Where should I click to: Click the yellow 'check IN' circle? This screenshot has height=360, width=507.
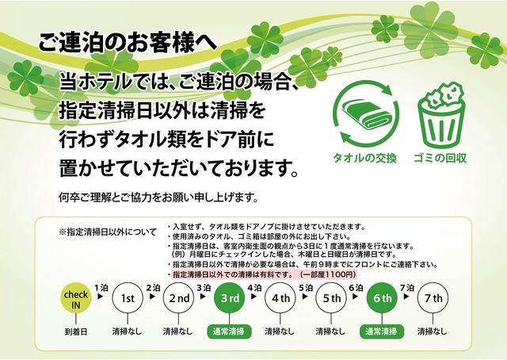76,298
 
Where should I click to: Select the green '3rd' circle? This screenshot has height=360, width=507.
230,298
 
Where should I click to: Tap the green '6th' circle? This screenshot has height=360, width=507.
382,298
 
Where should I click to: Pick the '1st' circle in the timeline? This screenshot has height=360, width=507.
127,298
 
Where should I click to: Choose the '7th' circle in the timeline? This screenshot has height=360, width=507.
433,298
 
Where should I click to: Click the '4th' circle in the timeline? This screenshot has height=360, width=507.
280,298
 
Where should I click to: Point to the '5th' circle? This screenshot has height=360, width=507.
331,298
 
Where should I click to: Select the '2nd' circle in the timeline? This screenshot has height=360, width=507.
178,298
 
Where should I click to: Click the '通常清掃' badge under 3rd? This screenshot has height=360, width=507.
229,331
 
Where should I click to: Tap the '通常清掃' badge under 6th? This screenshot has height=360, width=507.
382,331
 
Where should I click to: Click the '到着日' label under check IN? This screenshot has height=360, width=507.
76,331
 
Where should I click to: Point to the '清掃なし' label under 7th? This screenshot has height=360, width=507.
432,331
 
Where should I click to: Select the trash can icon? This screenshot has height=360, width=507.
441,115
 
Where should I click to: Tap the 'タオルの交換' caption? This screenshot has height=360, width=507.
364,159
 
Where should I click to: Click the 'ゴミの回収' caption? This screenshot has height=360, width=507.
440,159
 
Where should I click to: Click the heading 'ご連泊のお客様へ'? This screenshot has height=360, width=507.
128,42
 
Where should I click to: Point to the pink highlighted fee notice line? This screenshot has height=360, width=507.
264,274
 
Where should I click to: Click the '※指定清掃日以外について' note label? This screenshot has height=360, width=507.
108,232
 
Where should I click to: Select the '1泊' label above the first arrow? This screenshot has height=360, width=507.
101,288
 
